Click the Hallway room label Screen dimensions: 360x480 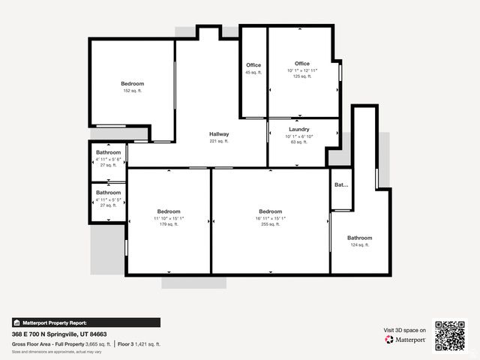tap(219, 134)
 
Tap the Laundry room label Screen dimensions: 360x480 tap(299, 129)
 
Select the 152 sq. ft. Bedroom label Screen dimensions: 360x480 tap(133, 83)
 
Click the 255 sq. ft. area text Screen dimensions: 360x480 tap(270, 224)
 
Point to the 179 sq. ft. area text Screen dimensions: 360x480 tap(169, 224)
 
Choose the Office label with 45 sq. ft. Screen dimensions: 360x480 tap(253, 65)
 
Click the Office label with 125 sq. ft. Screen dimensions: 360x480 tap(302, 64)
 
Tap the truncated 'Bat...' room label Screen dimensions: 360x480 tap(341, 184)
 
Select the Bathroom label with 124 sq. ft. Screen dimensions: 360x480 tap(359, 238)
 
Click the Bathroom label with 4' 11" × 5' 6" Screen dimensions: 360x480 tap(108, 152)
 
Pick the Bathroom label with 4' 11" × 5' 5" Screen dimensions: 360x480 tap(108, 193)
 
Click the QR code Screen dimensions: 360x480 tap(450, 334)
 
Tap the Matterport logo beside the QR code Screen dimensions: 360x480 tap(406, 340)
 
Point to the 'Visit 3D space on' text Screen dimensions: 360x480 tap(405, 330)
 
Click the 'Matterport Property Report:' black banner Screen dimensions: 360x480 tap(85, 322)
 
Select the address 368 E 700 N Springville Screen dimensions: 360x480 tap(59, 334)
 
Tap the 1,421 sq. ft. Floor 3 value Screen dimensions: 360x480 tap(147, 344)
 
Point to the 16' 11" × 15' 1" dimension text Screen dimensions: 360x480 tap(270, 217)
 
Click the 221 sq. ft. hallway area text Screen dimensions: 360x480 tap(219, 141)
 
